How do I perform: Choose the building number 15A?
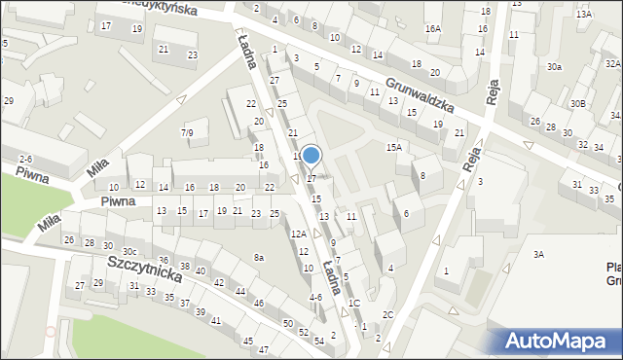pos(393,147)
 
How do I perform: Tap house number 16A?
pos(432,29)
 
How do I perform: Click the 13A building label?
pos(583,15)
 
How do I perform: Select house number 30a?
pos(554,66)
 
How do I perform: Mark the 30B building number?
pos(578,103)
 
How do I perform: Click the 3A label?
pos(537,254)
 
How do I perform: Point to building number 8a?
pos(259,257)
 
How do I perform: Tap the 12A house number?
pos(299,234)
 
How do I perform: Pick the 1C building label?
pos(354,304)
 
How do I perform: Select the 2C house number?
pos(387,314)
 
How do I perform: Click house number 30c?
pos(128,252)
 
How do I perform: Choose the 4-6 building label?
pos(315,297)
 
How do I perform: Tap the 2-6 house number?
pos(26,159)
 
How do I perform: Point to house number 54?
pos(318,341)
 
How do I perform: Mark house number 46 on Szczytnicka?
pos(258,304)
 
